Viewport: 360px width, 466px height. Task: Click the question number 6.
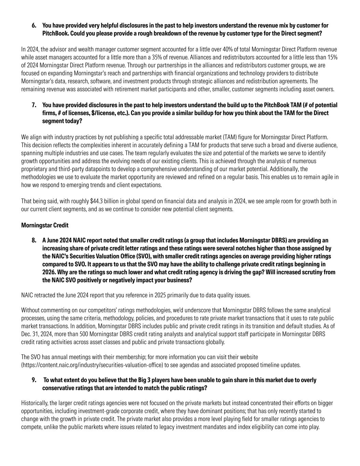(34, 26)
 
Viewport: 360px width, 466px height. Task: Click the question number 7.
(34, 105)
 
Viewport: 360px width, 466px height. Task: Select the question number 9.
(34, 380)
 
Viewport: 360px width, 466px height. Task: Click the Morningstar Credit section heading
(45, 225)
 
